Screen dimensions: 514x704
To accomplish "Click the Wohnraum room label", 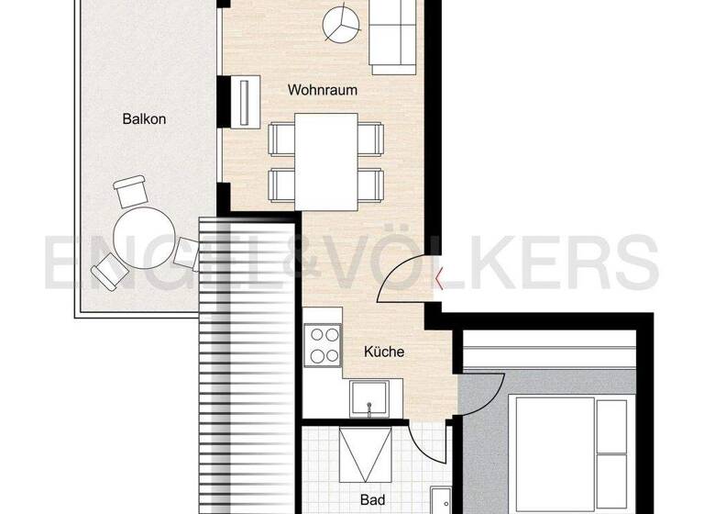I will [322, 91].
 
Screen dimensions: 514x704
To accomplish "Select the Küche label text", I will [383, 352].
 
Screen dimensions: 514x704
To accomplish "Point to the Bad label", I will [372, 500].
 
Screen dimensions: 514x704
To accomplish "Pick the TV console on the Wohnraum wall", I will [246, 103].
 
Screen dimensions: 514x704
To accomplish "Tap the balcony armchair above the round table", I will [131, 192].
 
